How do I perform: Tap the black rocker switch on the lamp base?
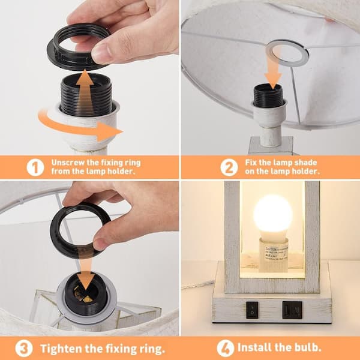click(253, 310)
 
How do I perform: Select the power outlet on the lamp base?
click(292, 310)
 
